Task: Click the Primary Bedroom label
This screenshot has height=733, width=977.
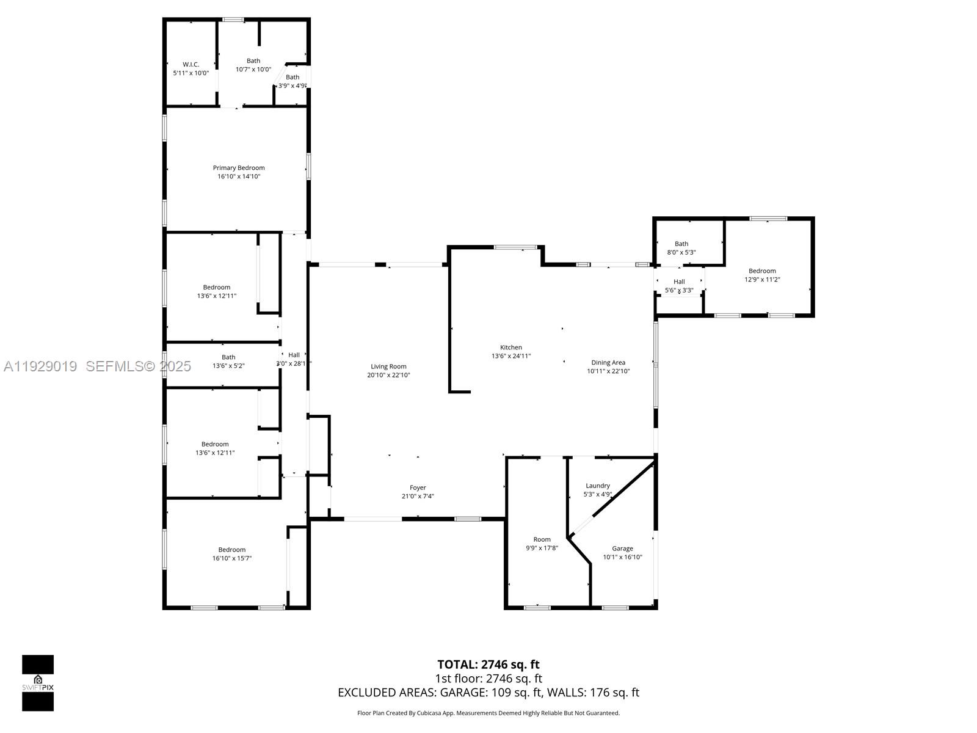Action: click(239, 168)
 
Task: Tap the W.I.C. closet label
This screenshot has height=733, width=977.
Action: click(191, 64)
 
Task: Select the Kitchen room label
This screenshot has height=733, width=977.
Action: click(511, 348)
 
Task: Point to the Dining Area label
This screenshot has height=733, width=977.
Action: click(608, 363)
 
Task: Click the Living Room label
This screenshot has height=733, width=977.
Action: click(388, 366)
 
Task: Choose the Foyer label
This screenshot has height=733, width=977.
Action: click(418, 487)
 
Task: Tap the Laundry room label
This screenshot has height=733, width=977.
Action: click(598, 486)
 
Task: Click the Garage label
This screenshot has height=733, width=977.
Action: click(622, 549)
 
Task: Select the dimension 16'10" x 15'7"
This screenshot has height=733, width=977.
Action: click(232, 558)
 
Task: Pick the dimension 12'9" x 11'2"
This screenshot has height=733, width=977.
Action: click(762, 280)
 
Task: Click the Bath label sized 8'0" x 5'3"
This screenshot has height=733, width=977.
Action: click(681, 244)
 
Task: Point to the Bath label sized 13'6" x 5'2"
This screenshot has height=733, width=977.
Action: click(228, 357)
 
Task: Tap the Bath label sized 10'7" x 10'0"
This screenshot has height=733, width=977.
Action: click(253, 60)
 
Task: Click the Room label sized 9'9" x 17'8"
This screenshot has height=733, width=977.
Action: click(542, 539)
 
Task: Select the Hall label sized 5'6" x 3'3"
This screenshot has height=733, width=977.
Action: click(679, 282)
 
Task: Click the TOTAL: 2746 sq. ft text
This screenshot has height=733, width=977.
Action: click(488, 665)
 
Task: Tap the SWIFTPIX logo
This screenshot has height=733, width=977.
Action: click(38, 683)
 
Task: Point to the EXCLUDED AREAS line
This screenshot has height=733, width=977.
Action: click(488, 693)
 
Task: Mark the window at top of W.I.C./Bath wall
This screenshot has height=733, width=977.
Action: click(233, 20)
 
